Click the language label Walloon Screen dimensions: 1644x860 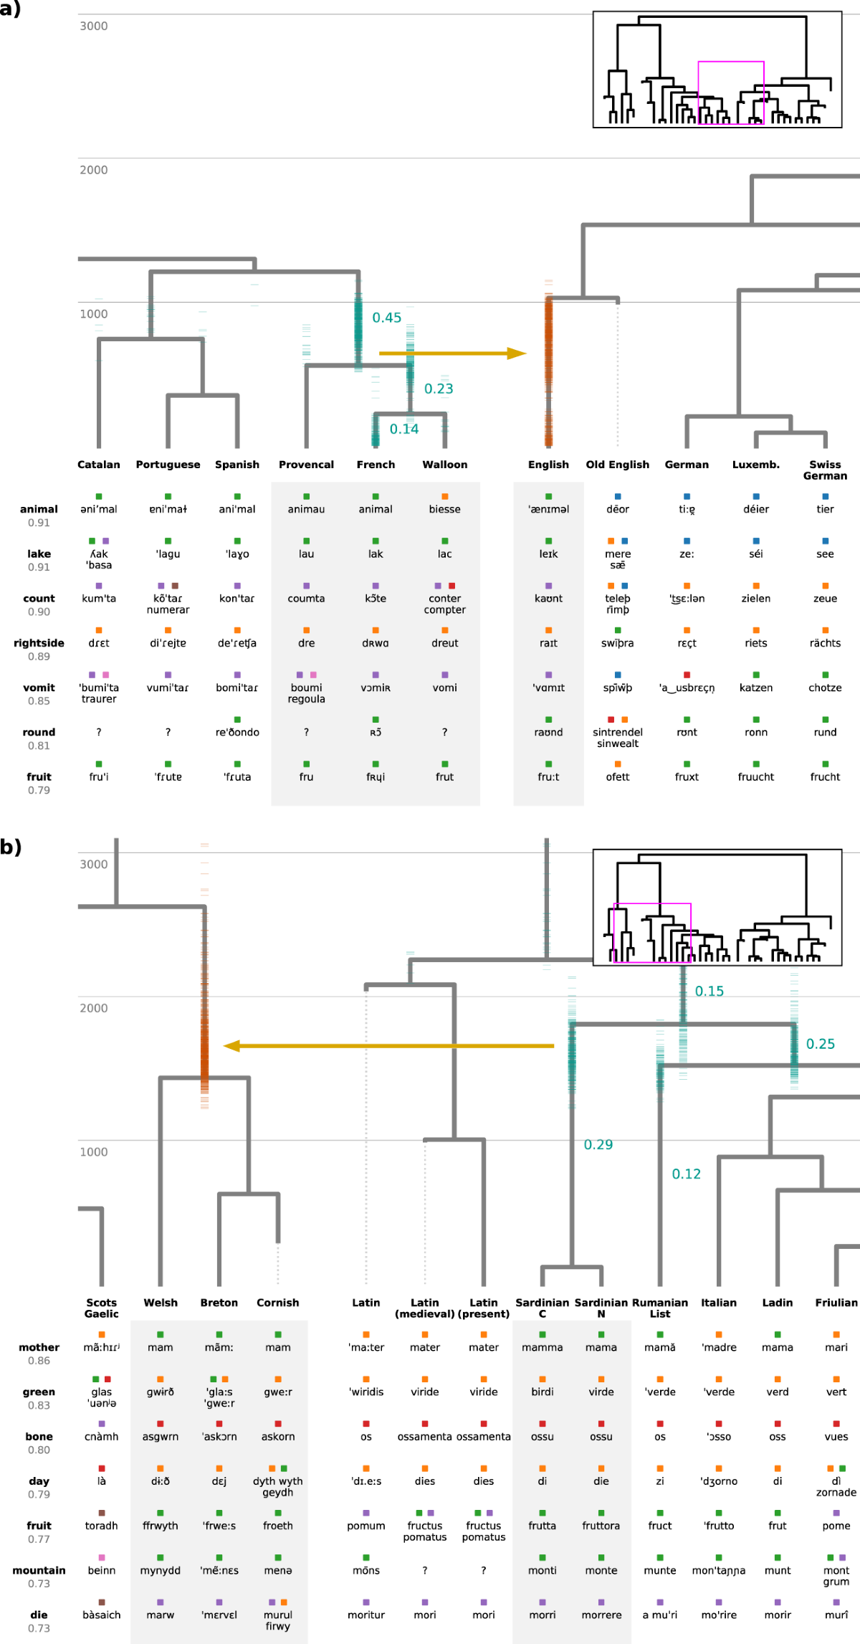click(444, 465)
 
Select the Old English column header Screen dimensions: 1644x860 click(617, 465)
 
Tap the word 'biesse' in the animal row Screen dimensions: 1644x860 click(444, 509)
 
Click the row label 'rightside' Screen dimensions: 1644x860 click(39, 643)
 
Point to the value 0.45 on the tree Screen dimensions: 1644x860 click(386, 318)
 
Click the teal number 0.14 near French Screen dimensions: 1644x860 click(403, 429)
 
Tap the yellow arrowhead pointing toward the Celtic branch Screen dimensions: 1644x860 click(231, 1046)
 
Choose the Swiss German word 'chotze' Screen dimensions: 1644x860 click(825, 688)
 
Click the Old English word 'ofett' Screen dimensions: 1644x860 click(617, 776)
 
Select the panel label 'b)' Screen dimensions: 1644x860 click(11, 847)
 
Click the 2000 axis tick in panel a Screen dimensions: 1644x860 click(93, 170)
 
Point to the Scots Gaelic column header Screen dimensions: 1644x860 click(101, 1308)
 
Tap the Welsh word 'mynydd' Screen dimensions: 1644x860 click(160, 1570)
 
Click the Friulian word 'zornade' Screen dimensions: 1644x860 click(836, 1492)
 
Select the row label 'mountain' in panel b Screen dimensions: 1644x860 click(39, 1570)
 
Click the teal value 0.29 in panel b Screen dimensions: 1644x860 click(598, 1144)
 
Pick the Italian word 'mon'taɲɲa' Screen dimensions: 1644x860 click(718, 1570)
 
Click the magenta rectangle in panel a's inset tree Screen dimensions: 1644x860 click(731, 63)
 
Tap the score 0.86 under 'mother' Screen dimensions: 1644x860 click(39, 1361)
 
